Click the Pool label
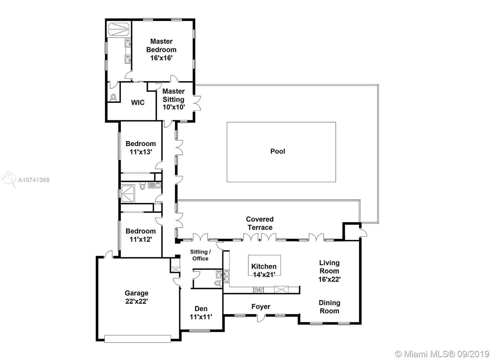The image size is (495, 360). tap(278, 151)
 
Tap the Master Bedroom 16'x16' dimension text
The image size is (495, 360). tap(161, 58)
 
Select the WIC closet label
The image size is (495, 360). tap(138, 102)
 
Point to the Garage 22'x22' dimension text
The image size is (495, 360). tap(136, 301)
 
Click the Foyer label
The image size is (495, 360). tap(261, 307)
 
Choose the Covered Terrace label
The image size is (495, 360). tap(260, 223)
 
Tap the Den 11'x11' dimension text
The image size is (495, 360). tap(201, 317)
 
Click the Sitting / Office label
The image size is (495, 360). tap(200, 255)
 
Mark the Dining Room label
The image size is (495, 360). tap(329, 307)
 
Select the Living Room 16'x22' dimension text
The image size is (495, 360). tap(329, 279)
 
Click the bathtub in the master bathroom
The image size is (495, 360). tap(118, 29)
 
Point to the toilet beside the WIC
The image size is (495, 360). tap(113, 98)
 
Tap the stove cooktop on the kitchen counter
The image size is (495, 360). tap(258, 290)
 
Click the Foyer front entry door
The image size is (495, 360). tap(261, 318)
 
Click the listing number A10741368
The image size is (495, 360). tap(34, 180)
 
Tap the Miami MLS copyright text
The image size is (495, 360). tap(442, 354)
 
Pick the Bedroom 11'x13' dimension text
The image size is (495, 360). tap(140, 152)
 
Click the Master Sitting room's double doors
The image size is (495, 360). tap(197, 103)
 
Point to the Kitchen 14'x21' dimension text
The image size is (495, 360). tap(264, 275)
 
